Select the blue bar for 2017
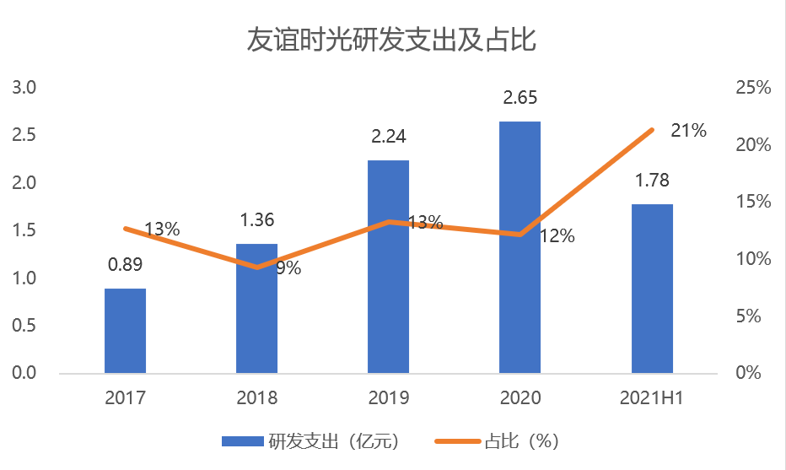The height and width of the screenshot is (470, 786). [x=125, y=331]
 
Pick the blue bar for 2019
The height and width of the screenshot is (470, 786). [x=388, y=267]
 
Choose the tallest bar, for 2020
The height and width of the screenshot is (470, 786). [x=520, y=247]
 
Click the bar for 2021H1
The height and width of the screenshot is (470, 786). [x=652, y=289]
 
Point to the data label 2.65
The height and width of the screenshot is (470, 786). [x=520, y=98]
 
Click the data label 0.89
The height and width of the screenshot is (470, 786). [x=125, y=265]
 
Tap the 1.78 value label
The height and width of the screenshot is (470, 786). [x=652, y=181]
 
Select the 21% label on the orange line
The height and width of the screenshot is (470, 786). [x=688, y=131]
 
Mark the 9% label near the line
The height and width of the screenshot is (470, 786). [x=288, y=269]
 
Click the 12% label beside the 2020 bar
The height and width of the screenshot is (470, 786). [x=557, y=236]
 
